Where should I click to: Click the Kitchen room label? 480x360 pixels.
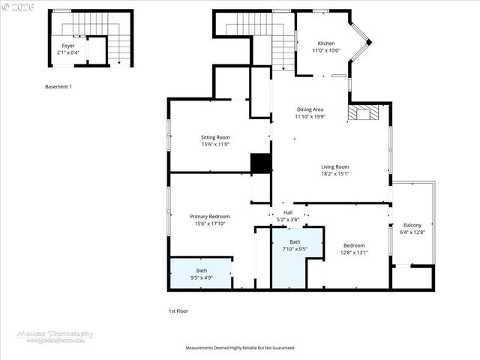[325, 43]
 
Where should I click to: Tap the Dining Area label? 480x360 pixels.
[309, 109]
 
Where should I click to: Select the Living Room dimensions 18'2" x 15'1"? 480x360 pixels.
[335, 174]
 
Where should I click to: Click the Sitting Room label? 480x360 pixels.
[214, 137]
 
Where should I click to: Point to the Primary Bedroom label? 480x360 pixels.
[209, 216]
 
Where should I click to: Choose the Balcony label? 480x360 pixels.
[412, 225]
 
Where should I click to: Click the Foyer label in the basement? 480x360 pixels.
[67, 46]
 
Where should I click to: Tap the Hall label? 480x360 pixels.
[287, 212]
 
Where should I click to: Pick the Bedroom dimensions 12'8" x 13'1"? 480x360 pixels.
[354, 253]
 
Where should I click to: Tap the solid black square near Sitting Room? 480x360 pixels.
[260, 164]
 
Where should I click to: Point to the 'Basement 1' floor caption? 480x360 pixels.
[58, 87]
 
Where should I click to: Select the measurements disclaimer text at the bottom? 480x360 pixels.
[239, 348]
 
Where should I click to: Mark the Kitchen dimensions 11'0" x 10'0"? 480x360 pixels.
[325, 50]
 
